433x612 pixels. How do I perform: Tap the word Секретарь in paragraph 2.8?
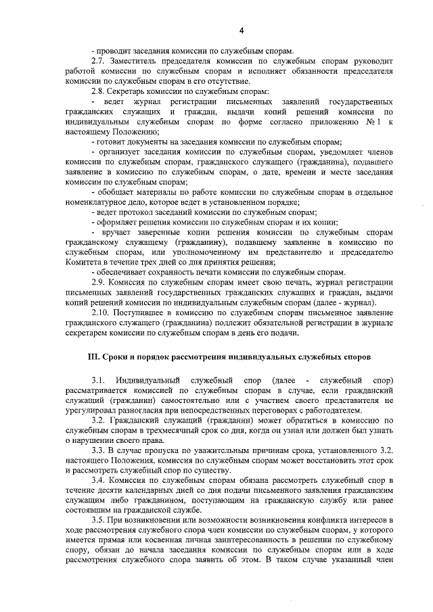133,91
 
